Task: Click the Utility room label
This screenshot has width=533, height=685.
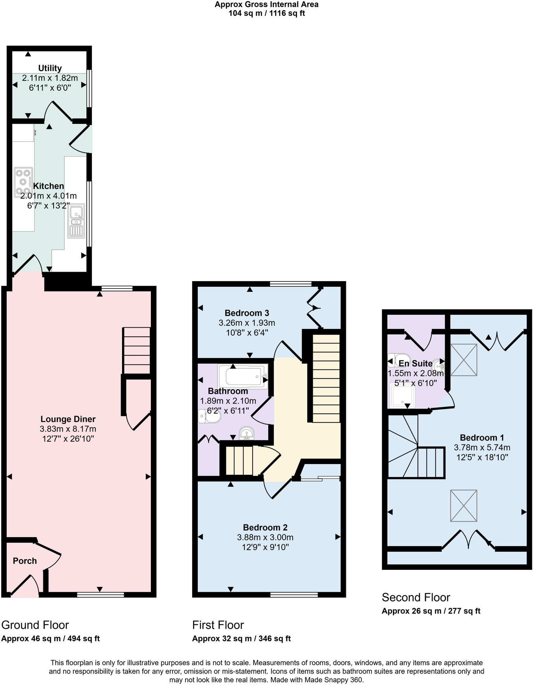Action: click(50, 68)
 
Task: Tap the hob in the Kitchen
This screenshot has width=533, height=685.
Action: click(23, 182)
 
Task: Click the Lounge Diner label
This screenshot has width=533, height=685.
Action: click(68, 419)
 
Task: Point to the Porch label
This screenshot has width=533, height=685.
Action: click(24, 561)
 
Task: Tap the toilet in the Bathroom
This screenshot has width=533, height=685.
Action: click(209, 416)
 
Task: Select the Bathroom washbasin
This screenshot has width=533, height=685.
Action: click(247, 433)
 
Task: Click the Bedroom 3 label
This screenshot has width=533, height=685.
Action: click(247, 313)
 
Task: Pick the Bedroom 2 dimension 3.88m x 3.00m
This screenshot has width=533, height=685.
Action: click(265, 537)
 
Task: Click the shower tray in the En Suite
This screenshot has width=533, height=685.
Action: click(402, 396)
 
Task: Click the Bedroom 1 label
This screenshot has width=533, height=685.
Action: click(482, 438)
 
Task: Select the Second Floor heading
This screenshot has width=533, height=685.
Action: click(416, 597)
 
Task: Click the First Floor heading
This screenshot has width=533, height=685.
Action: click(218, 625)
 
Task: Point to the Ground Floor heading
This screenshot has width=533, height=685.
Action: click(35, 625)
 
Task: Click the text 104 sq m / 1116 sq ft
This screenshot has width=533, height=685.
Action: click(266, 13)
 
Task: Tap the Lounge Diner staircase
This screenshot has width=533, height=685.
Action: click(137, 350)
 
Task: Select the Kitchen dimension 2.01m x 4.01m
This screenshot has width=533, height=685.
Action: click(48, 196)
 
